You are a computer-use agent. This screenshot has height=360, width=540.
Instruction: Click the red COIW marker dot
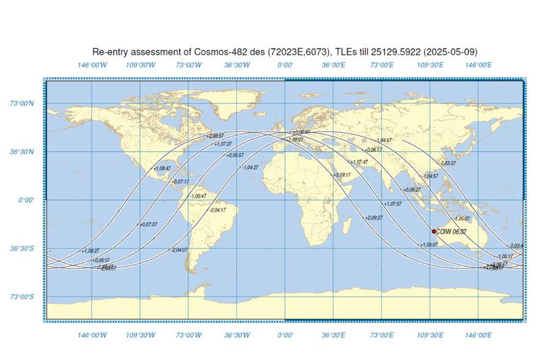(x=434, y=231)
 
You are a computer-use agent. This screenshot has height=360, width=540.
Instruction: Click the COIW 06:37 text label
(x=451, y=231)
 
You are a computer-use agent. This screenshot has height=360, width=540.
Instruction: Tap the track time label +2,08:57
(x=215, y=136)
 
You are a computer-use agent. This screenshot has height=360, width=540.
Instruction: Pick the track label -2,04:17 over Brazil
(x=217, y=210)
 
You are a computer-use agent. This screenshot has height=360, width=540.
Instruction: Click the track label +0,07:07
(x=148, y=224)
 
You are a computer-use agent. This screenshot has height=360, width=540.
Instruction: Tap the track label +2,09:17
(x=342, y=175)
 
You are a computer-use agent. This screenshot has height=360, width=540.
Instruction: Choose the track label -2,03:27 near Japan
(x=448, y=163)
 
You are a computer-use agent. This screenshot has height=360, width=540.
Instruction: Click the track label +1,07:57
(x=392, y=203)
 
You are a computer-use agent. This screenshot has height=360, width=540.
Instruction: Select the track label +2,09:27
(x=374, y=217)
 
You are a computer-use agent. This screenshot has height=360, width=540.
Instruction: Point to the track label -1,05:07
(x=462, y=219)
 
